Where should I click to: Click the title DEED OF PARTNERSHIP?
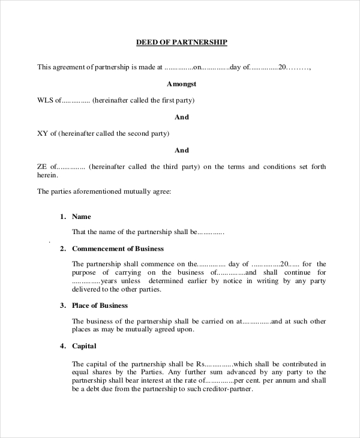tap(181, 43)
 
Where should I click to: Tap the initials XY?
tap(43, 133)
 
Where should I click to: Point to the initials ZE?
tap(42, 166)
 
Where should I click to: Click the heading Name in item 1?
tap(82, 216)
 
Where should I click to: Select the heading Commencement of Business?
tap(118, 248)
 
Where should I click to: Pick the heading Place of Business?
tap(100, 305)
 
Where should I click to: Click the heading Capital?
tap(84, 346)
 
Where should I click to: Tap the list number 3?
tap(62, 305)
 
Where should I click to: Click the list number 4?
tap(62, 346)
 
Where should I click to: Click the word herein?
tap(47, 175)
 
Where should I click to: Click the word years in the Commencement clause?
tap(110, 280)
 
